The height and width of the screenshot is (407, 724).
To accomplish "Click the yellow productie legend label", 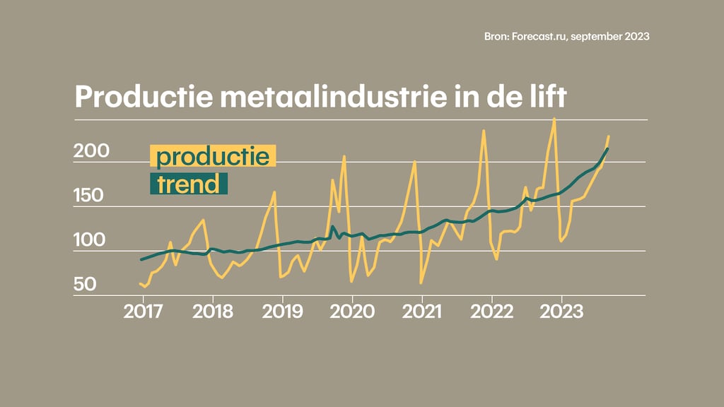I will click(x=213, y=155).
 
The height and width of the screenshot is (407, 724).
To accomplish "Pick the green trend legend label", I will click(x=188, y=184).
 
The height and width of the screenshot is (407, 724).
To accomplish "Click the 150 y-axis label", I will click(x=90, y=196).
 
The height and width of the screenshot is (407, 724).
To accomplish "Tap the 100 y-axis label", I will click(x=90, y=240).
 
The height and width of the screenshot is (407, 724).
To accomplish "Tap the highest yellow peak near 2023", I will click(x=554, y=119).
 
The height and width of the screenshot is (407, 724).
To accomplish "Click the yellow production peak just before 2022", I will click(x=484, y=131).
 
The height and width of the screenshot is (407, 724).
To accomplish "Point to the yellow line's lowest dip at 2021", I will click(x=421, y=283).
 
